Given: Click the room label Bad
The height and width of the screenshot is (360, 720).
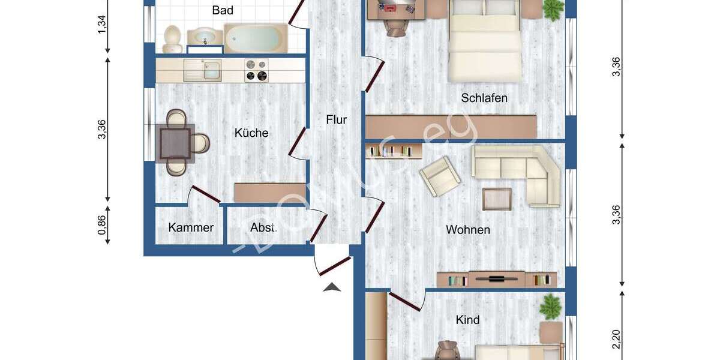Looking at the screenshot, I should (223, 10).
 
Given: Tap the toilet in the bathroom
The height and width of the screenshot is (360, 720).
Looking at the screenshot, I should (172, 38).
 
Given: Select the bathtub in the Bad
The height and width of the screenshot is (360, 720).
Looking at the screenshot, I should (255, 38).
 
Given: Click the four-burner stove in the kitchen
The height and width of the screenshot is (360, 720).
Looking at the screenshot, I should (256, 70).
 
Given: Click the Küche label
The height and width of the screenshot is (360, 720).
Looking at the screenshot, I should (251, 133).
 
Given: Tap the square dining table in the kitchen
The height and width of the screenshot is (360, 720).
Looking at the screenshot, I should (175, 143).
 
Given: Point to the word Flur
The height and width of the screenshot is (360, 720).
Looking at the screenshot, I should (336, 119).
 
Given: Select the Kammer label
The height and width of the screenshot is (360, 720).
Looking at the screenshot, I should (191, 228).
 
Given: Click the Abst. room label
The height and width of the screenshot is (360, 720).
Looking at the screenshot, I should (263, 228).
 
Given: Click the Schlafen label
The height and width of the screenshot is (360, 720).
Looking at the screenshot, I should (484, 98).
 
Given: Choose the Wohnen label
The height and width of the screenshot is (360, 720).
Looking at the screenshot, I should (467, 230).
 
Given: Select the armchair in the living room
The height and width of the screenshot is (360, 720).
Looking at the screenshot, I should (440, 176).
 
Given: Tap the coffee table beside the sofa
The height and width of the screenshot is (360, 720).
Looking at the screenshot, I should (497, 199).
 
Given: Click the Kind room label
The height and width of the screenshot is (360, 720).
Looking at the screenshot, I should (467, 320).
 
